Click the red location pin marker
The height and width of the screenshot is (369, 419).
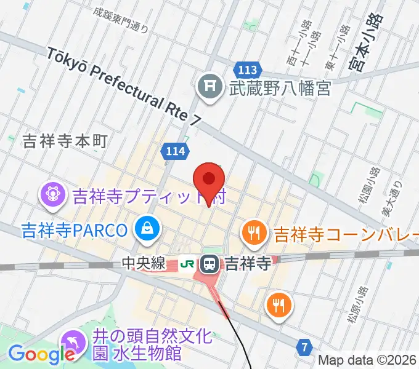[209, 180]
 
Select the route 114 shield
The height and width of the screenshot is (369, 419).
[176, 150]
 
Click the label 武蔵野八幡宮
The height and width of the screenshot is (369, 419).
[280, 89]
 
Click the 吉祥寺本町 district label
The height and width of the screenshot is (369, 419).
[65, 141]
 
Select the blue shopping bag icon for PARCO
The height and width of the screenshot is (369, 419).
[148, 230]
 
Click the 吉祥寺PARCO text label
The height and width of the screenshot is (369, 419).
[74, 231]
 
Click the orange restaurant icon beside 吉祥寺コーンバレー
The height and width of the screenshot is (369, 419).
[253, 232]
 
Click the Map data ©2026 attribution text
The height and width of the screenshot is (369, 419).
[367, 360]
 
